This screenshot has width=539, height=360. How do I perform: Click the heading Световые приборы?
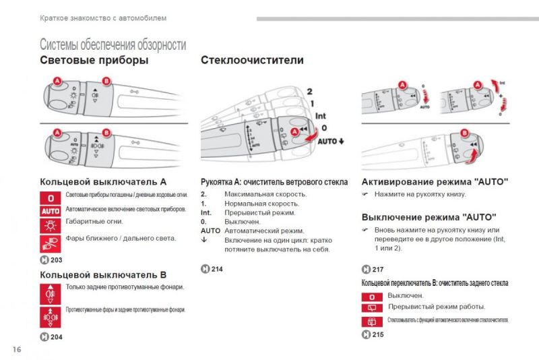pos(94,61)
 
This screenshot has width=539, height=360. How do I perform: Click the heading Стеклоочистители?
pos(252,61)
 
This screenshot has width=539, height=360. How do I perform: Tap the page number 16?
pos(17,349)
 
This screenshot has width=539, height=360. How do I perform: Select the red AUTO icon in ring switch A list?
pos(51,210)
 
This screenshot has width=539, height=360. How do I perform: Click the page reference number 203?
pos(56,260)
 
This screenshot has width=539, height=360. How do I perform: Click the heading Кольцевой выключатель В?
pos(102,275)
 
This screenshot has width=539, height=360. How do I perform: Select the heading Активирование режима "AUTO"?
pos(435,182)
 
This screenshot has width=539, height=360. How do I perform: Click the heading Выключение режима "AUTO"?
pos(429,218)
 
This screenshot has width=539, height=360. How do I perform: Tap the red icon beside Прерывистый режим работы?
pos(371,308)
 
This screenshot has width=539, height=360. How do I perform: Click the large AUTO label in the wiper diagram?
pos(329,141)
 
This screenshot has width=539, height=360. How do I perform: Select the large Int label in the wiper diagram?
pos(321,116)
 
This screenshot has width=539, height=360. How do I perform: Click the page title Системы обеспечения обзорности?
pos(113,45)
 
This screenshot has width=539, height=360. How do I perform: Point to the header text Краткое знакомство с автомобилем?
pos(102,18)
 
